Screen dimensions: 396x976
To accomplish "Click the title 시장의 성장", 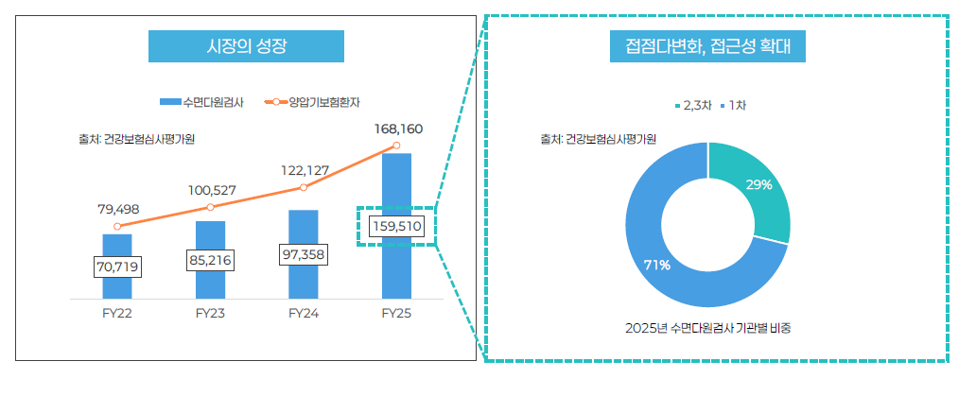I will (245, 45).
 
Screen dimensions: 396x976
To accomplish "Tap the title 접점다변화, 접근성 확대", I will (707, 45).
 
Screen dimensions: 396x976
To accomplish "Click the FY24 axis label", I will (303, 314).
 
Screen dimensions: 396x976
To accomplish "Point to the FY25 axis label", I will (395, 314).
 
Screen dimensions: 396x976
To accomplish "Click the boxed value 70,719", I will (117, 267).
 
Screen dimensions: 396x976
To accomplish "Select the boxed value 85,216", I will (210, 260).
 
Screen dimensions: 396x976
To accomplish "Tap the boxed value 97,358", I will (303, 255).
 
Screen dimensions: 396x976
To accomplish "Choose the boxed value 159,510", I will (397, 227).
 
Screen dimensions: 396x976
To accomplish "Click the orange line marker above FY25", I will (396, 146).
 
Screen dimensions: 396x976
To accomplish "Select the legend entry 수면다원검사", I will (202, 102).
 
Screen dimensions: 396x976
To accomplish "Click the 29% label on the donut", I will (758, 185).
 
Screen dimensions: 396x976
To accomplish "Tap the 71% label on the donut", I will (657, 266).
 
